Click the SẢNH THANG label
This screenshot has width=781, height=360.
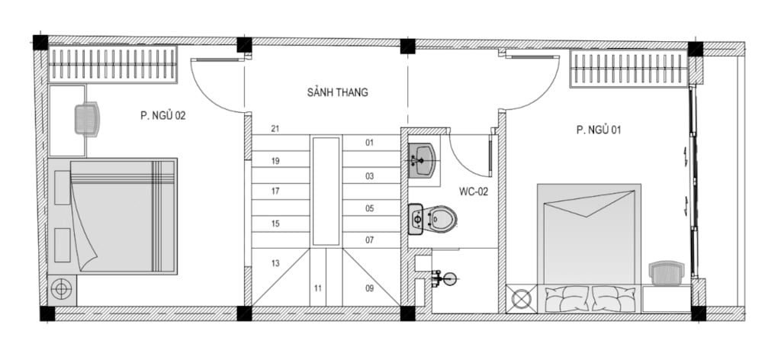point(338,92)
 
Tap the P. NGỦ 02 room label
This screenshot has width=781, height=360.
point(163,116)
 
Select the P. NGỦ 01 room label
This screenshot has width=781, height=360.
point(599,130)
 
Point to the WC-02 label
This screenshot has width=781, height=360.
point(474,191)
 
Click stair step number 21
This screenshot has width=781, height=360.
point(275,129)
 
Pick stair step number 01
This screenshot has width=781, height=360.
point(369,143)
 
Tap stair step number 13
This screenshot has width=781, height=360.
point(275,263)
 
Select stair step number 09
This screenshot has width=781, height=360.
point(369,288)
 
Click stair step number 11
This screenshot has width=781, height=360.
point(318,288)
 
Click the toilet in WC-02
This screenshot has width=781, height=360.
point(432,219)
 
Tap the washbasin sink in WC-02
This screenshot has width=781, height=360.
point(422,161)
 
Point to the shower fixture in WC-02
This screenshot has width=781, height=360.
point(445,279)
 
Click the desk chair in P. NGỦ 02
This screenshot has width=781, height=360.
point(87,118)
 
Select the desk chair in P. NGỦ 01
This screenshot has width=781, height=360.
point(667,274)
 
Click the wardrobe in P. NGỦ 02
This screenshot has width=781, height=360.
point(113,64)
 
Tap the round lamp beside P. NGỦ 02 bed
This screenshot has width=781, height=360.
point(62,289)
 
